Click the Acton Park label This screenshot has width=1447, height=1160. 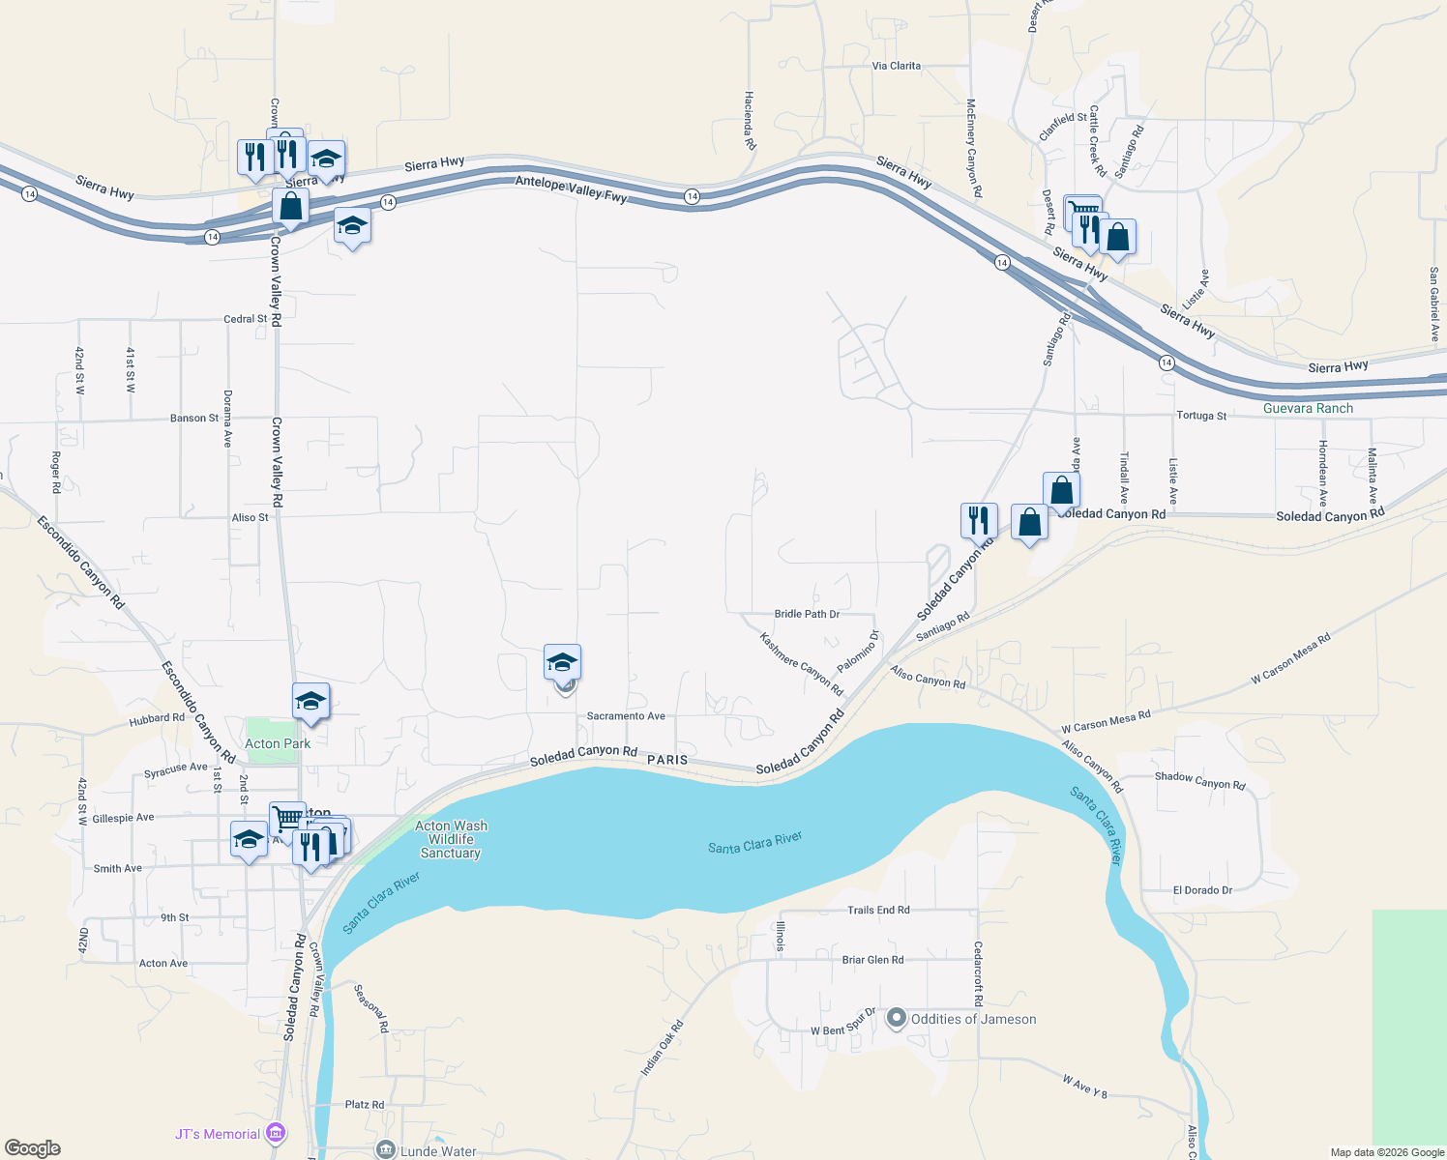pyautogui.click(x=278, y=743)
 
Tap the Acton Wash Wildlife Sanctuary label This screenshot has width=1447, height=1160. pyautogui.click(x=451, y=839)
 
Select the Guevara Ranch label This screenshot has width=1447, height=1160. pyautogui.click(x=1308, y=408)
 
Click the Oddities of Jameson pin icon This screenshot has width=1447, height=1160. pyautogui.click(x=897, y=1019)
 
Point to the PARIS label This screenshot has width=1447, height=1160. pyautogui.click(x=667, y=760)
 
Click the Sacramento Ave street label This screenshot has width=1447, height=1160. pyautogui.click(x=626, y=716)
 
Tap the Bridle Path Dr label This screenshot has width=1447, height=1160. pyautogui.click(x=807, y=614)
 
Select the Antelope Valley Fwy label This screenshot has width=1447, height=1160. pyautogui.click(x=571, y=189)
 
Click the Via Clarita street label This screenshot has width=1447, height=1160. pyautogui.click(x=897, y=66)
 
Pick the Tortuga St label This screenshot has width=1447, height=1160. pyautogui.click(x=1201, y=416)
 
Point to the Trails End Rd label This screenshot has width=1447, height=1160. pyautogui.click(x=878, y=910)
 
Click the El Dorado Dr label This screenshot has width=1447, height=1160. pyautogui.click(x=1202, y=890)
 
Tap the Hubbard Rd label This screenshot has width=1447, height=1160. pyautogui.click(x=157, y=719)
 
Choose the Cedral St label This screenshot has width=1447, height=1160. pyautogui.click(x=245, y=319)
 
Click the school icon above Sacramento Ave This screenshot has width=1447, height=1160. pyautogui.click(x=562, y=663)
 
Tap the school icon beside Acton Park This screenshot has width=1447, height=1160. pyautogui.click(x=310, y=702)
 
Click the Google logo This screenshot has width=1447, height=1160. pyautogui.click(x=32, y=1148)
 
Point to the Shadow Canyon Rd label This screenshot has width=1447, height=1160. pyautogui.click(x=1199, y=781)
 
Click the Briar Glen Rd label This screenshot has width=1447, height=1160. pyautogui.click(x=872, y=960)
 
